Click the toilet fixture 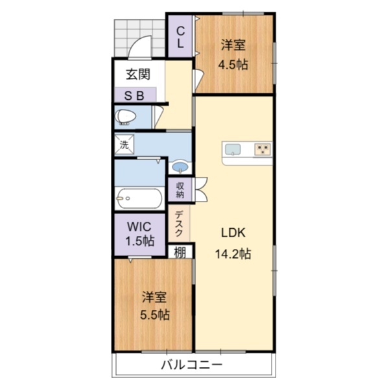point(126,117)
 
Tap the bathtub point(139,198)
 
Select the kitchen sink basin point(233,150)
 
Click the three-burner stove point(263,150)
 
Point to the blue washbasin point(181,167)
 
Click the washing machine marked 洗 point(124,145)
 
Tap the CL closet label point(180,37)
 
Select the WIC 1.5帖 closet point(139,235)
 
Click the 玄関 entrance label point(138,74)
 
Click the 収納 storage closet point(180,190)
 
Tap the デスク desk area point(180,223)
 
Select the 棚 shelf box point(180,252)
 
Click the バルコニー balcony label point(192,364)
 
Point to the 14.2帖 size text point(233,253)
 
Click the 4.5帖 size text point(233,64)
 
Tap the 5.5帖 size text point(155,315)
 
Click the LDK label point(233,233)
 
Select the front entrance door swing point(139,47)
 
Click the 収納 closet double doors point(201,189)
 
